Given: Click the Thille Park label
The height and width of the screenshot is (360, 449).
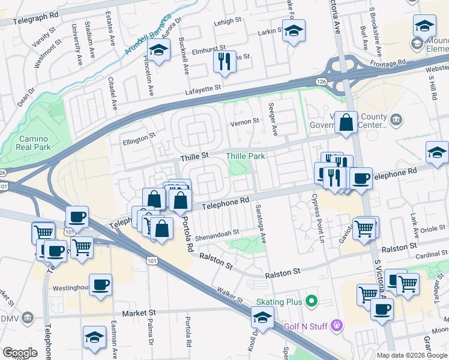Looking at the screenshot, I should point(245,156).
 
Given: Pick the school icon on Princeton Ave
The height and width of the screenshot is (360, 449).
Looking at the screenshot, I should point(158,52).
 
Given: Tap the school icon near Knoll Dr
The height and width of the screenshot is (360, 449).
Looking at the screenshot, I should point(262,317).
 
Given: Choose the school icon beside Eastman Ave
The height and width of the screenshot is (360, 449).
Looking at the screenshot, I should point(94,338).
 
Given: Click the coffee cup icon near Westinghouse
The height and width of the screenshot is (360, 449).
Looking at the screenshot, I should point(100,284).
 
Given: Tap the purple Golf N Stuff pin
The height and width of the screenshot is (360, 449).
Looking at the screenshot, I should point(336,326).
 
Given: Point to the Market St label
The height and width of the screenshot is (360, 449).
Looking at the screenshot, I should point(139,313).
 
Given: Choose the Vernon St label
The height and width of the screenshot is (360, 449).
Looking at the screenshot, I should point(244,121).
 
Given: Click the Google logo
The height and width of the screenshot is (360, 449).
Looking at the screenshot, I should point(20,353).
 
